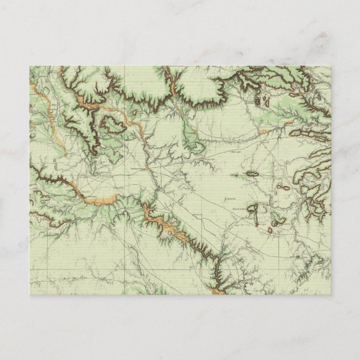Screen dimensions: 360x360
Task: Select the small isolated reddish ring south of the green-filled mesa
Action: (269, 229)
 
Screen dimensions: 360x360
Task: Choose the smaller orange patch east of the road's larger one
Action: (288, 121)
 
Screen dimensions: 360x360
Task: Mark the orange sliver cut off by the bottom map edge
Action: (216, 289)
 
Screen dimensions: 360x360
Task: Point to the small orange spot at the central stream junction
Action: (146, 167)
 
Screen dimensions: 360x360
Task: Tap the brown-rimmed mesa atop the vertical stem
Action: (253, 207)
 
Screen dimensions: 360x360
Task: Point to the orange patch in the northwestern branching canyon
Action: (87, 101)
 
